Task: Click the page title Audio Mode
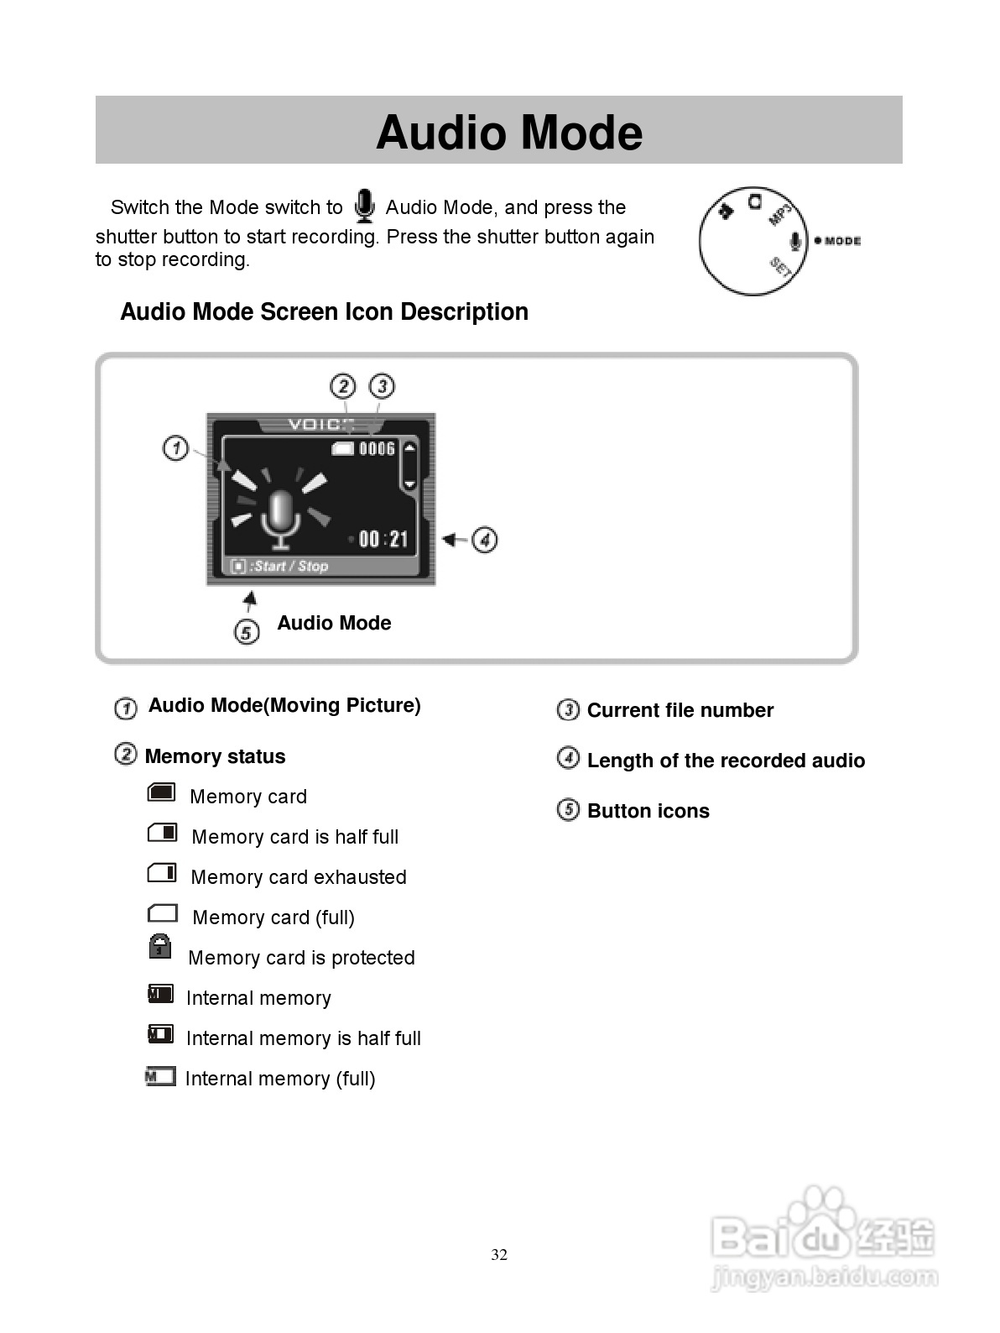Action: click(509, 133)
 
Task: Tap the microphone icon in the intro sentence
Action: click(364, 206)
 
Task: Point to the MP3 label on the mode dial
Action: click(780, 213)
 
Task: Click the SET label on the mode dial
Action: click(780, 267)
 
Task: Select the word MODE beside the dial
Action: click(842, 241)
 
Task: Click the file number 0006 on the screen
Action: click(377, 449)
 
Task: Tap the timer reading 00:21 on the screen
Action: click(383, 539)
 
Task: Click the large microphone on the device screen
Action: click(280, 519)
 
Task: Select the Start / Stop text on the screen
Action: click(289, 567)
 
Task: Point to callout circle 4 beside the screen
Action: click(485, 540)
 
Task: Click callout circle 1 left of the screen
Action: click(175, 448)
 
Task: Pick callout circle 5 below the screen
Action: click(246, 631)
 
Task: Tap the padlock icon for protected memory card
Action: click(160, 947)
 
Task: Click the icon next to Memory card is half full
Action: click(162, 833)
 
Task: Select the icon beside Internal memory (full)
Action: click(160, 1076)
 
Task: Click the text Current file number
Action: click(680, 710)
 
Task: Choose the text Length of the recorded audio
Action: click(726, 761)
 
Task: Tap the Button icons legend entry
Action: click(648, 811)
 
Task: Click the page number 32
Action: click(499, 1255)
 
